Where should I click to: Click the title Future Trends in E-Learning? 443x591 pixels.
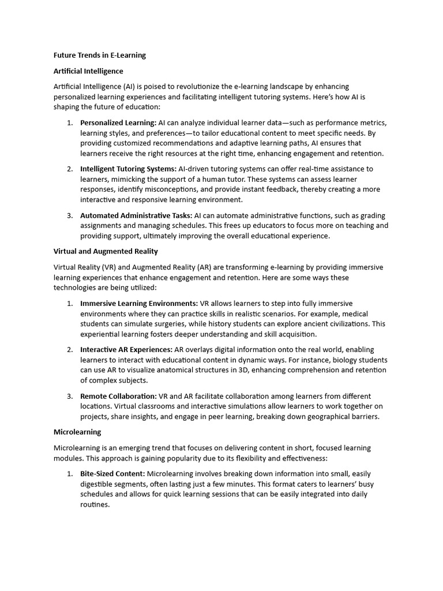pos(99,55)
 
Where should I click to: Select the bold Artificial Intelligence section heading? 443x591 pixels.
pos(88,71)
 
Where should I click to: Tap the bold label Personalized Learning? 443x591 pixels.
pos(118,123)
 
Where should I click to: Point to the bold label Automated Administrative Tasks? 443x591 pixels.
pos(136,215)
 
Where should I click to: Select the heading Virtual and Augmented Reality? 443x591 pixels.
pos(106,252)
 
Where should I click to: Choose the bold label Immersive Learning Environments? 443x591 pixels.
pos(139,303)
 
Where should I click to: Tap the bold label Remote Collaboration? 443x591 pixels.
pos(118,396)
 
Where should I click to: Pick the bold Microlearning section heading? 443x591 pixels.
pos(77,432)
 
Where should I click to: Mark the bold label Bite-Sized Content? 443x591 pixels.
pos(113,473)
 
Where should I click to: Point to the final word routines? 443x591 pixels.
pos(95,504)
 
